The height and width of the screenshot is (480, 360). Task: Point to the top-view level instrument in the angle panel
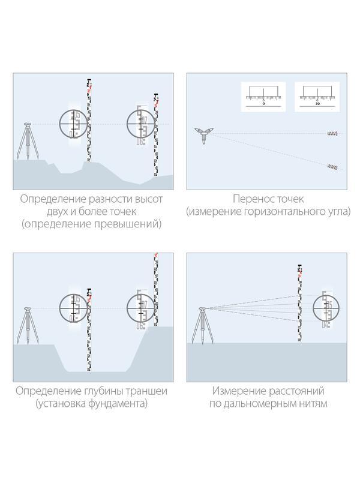(204, 135)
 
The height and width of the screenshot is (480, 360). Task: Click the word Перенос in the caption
(251, 199)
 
